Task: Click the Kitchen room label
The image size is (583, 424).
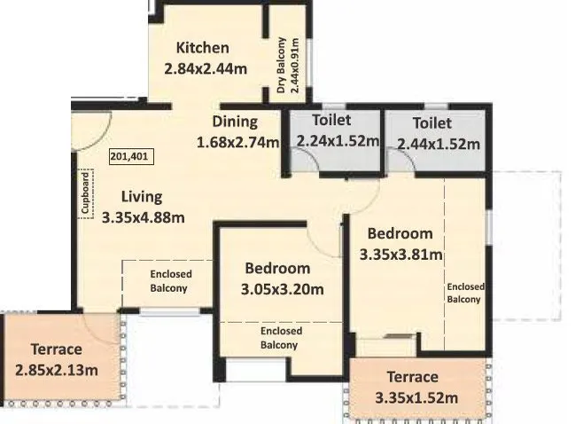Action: pyautogui.click(x=202, y=48)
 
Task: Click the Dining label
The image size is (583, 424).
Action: pyautogui.click(x=234, y=122)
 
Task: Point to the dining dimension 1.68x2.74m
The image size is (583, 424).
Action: pyautogui.click(x=237, y=141)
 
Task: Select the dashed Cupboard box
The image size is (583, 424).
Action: pyautogui.click(x=86, y=192)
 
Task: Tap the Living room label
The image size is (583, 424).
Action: pyautogui.click(x=141, y=197)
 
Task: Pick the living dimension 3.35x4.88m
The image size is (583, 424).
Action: pyautogui.click(x=143, y=217)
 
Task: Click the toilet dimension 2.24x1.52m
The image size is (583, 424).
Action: pyautogui.click(x=338, y=140)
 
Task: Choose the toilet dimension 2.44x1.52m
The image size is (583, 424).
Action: pyautogui.click(x=438, y=143)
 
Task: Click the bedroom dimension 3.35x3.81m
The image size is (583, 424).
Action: pyautogui.click(x=400, y=254)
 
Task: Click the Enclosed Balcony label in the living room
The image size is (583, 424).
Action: pyautogui.click(x=168, y=281)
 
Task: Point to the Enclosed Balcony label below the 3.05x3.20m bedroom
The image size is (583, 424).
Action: pyautogui.click(x=281, y=338)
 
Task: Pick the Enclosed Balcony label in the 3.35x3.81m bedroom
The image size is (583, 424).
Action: pyautogui.click(x=465, y=293)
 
